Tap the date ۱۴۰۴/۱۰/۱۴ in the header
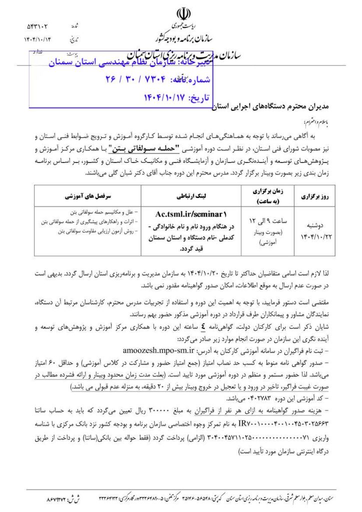(x=37, y=39)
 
